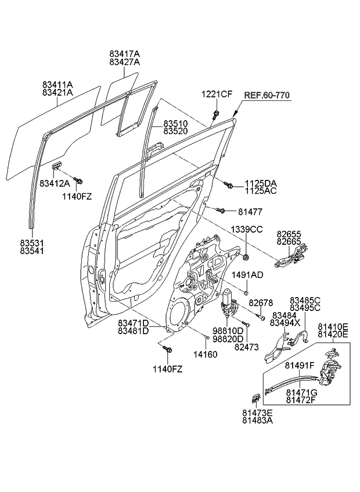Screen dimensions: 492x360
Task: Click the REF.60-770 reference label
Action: point(267,95)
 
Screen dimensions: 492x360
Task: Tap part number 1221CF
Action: point(217,95)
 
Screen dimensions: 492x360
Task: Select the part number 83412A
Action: point(55,183)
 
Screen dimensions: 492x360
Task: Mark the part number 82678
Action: point(261,303)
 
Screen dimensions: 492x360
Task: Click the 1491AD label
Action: point(248,274)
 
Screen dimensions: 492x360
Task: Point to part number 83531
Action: point(32,243)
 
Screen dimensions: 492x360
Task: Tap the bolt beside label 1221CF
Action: point(216,114)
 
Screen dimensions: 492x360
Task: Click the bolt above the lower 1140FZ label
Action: point(169,349)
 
